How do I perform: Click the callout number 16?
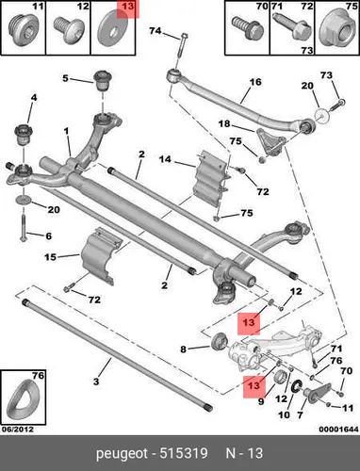(255, 82)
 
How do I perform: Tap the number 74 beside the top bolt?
(155, 31)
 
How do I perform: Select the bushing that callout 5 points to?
(104, 80)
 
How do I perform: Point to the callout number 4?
(34, 98)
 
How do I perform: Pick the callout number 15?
(50, 257)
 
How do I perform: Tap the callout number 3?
(96, 382)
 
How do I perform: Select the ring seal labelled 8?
(219, 342)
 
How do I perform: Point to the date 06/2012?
(18, 430)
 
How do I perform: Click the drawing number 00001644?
(338, 430)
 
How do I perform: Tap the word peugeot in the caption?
(122, 453)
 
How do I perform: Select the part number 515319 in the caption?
(184, 453)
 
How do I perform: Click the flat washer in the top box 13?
(112, 30)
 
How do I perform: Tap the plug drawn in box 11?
(23, 28)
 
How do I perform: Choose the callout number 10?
(284, 414)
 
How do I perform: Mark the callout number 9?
(261, 401)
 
